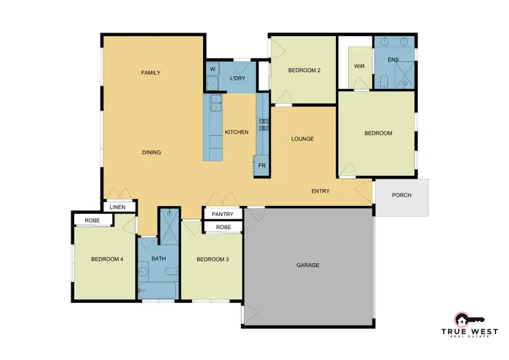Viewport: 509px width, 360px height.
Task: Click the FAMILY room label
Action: tap(151, 73)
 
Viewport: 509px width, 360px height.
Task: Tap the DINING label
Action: tap(151, 152)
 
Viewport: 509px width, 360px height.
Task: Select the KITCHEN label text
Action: tap(237, 132)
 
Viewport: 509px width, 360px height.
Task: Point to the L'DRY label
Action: tap(238, 79)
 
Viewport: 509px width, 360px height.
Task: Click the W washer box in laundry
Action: tap(212, 69)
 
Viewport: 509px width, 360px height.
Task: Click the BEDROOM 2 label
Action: tap(304, 71)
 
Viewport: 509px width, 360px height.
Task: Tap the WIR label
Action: tap(360, 67)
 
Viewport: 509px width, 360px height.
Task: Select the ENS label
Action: tap(393, 60)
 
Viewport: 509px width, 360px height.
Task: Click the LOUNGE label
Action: tap(302, 139)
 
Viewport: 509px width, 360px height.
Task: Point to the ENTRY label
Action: tap(320, 192)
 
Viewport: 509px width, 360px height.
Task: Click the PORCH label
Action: tap(402, 196)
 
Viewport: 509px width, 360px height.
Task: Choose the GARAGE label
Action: tap(308, 265)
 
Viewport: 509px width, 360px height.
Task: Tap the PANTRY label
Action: tap(223, 214)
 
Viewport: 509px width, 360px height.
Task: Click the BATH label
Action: tap(159, 259)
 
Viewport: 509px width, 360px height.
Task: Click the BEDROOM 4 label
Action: tap(107, 259)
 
